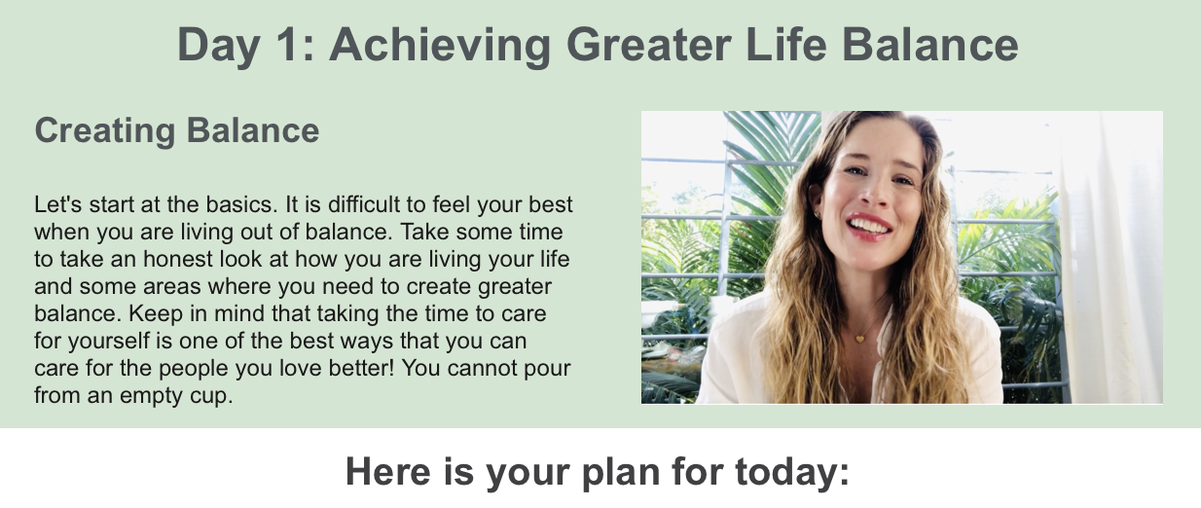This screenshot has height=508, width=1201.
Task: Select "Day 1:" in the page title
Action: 245,45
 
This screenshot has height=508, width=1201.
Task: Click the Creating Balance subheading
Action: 176,130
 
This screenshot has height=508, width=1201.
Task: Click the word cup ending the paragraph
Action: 211,396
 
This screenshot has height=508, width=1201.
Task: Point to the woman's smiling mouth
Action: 869,226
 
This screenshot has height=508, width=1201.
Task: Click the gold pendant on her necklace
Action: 859,339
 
